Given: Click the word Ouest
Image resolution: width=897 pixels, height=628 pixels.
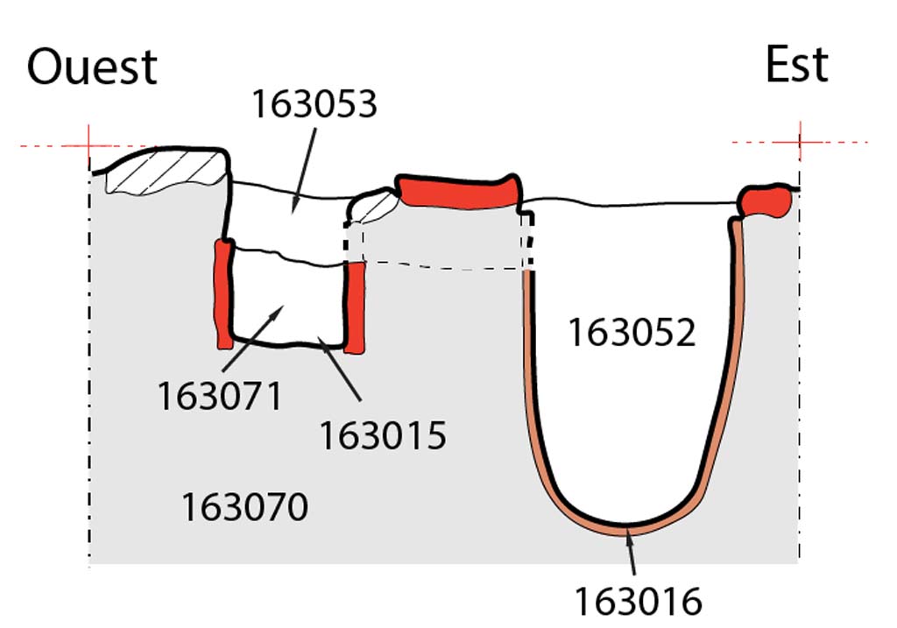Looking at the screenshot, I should tap(92, 67).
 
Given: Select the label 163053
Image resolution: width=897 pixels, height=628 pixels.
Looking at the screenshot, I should tap(314, 104).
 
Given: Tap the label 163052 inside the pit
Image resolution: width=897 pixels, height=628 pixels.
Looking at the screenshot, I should tap(632, 333).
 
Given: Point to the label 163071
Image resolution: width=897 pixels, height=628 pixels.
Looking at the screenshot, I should tap(220, 396).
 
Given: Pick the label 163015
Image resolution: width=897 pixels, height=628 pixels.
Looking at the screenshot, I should tap(382, 435).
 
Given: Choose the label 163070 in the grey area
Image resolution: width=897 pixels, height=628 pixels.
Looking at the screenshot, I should tap(244, 507).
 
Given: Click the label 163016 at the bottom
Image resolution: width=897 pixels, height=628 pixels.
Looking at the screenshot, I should tap(638, 602).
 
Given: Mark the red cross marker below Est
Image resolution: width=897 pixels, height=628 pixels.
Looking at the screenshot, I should tap(800, 142).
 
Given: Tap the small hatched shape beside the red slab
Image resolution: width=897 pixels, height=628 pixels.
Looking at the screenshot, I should tap(373, 205).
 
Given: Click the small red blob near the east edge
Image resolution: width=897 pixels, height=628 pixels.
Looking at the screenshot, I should tap(765, 201).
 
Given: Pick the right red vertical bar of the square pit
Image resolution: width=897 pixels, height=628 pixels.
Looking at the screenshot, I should tap(354, 307).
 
